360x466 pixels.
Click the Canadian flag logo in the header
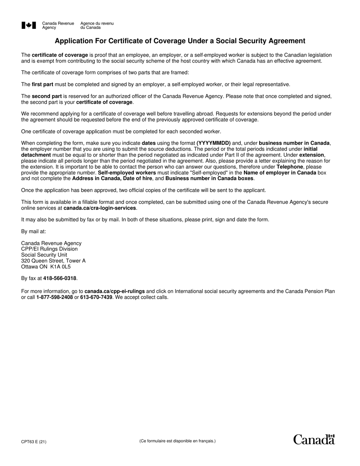click(x=29, y=25)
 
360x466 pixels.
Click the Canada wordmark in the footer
click(x=314, y=439)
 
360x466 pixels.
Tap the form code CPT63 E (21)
click(x=34, y=441)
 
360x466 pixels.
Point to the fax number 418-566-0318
click(x=60, y=278)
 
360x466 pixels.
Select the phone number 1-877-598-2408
click(x=55, y=297)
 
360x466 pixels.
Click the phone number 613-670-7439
click(x=96, y=297)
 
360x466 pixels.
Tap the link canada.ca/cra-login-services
click(x=100, y=208)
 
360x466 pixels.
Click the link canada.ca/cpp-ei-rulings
click(x=114, y=291)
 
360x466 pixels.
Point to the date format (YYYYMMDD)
click(x=214, y=143)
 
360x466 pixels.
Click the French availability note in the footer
click(x=177, y=441)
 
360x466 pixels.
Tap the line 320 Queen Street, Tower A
click(x=53, y=261)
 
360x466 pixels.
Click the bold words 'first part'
click(x=42, y=84)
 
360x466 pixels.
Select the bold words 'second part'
click(x=47, y=96)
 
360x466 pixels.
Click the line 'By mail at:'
click(x=34, y=231)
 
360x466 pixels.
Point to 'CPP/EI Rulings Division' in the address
click(x=49, y=249)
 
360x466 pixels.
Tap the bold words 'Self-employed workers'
click(x=127, y=173)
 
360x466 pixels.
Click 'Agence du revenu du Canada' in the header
click(x=97, y=25)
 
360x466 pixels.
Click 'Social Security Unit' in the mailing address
click(x=44, y=255)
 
